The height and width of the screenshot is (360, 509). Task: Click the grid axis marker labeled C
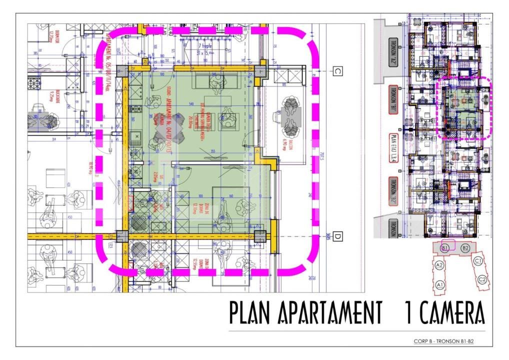[337, 71]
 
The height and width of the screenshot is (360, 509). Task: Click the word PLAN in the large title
[248, 312]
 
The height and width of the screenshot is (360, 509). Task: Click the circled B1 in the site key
[444, 248]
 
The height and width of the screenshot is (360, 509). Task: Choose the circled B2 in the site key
[465, 248]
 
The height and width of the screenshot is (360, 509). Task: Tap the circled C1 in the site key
[478, 260]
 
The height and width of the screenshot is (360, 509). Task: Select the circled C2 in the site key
[482, 279]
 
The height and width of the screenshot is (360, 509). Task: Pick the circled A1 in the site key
[440, 284]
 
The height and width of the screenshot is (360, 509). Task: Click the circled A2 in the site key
[439, 265]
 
